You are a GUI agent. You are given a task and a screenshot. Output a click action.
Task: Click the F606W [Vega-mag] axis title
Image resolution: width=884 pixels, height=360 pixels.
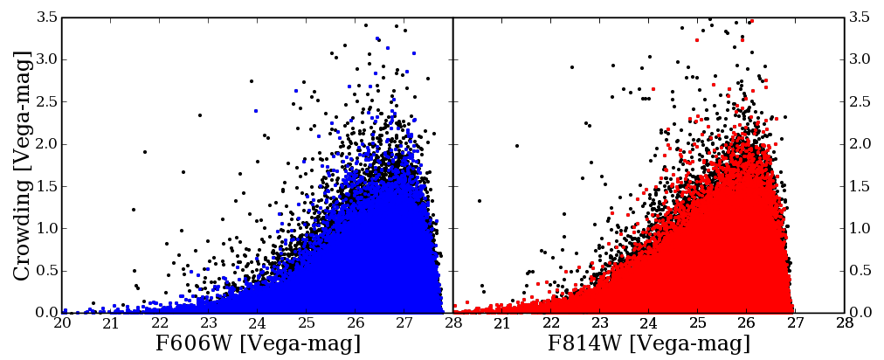[x=258, y=343]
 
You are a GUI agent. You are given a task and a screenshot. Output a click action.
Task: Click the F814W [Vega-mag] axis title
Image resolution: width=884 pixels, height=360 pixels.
[x=649, y=343]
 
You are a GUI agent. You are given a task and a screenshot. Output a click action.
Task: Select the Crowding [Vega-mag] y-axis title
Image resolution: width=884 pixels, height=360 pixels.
[x=23, y=165]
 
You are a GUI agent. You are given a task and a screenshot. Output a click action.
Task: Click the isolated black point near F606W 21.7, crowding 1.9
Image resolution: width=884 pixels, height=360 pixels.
[x=145, y=152]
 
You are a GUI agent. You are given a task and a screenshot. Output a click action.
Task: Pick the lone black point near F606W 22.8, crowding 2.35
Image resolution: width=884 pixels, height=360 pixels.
[x=199, y=114]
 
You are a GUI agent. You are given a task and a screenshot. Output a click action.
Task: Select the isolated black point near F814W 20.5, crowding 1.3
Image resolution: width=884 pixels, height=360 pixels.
[x=480, y=201]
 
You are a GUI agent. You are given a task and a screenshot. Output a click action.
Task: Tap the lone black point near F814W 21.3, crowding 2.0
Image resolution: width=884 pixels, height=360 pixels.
[x=516, y=146]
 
